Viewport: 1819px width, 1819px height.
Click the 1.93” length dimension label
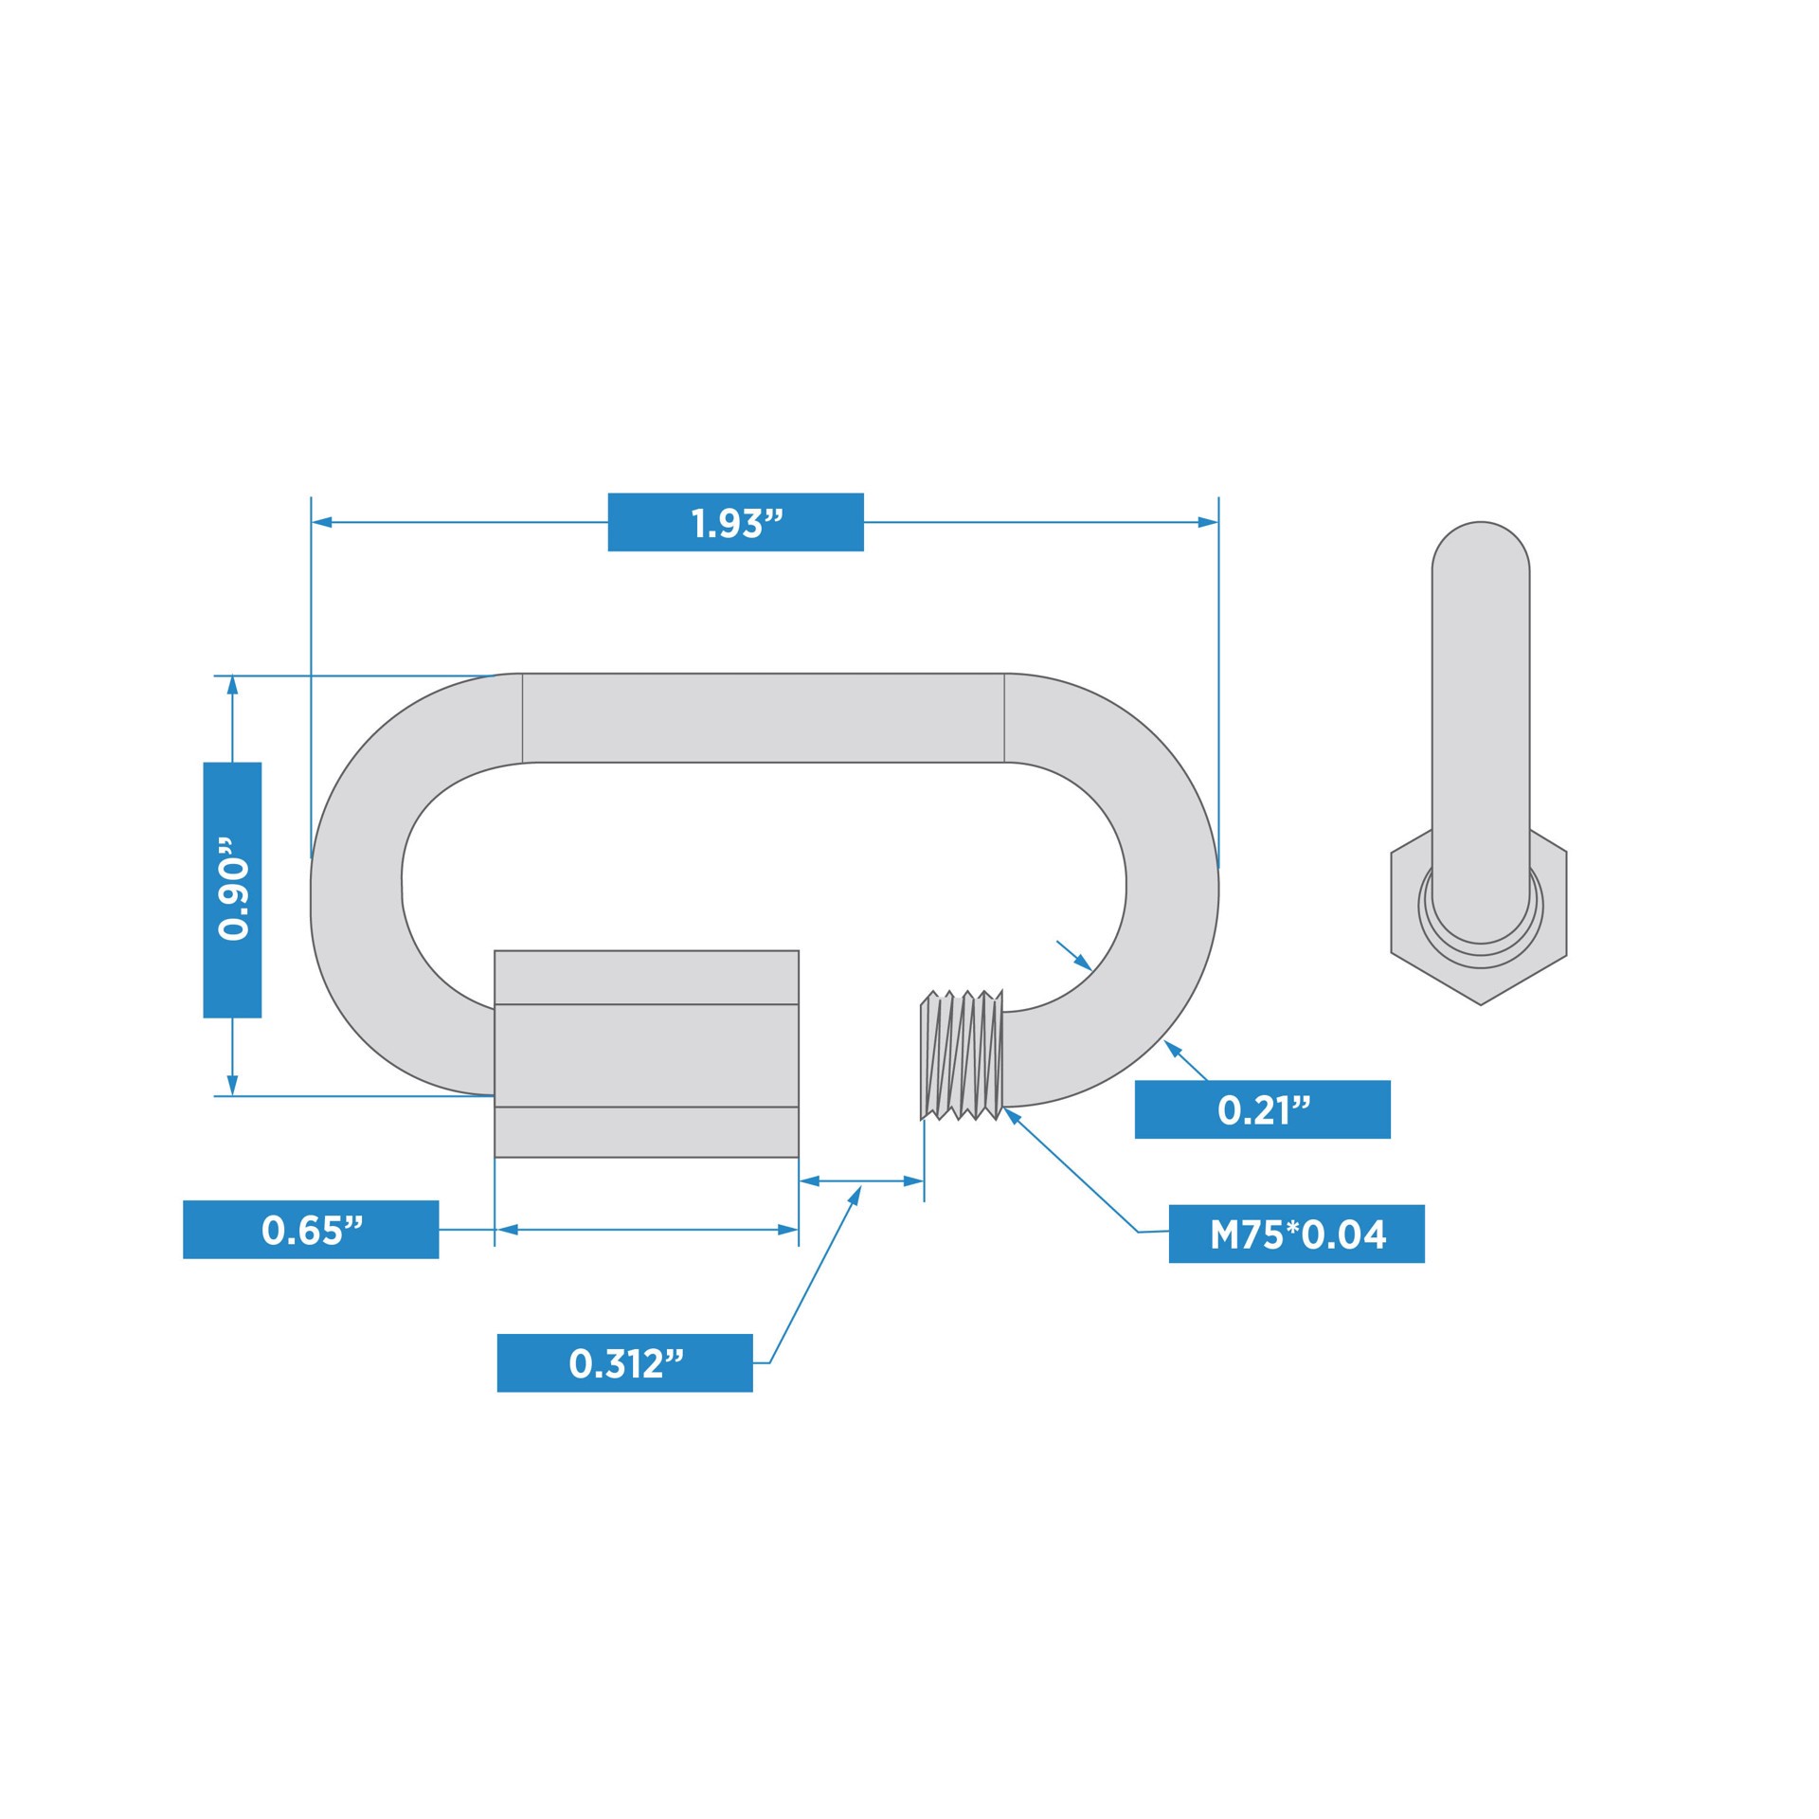[x=735, y=522]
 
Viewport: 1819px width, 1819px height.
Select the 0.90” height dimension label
[x=232, y=890]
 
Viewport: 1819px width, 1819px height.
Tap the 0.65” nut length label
[x=311, y=1230]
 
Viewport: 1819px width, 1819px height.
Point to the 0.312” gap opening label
[x=624, y=1363]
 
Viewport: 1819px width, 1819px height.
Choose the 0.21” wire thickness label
[x=1262, y=1109]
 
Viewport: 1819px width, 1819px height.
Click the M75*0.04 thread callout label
[x=1296, y=1234]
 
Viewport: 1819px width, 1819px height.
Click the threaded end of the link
[x=962, y=1055]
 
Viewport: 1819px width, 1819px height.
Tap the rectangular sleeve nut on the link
[x=646, y=1054]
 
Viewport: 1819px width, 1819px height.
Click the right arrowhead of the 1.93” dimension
[x=1208, y=522]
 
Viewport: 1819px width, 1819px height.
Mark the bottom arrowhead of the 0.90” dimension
[x=232, y=1086]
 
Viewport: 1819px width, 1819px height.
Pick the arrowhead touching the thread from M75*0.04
[x=1011, y=1114]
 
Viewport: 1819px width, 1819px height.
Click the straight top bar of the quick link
[x=763, y=717]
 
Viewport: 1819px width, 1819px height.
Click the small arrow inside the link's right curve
[x=1082, y=962]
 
